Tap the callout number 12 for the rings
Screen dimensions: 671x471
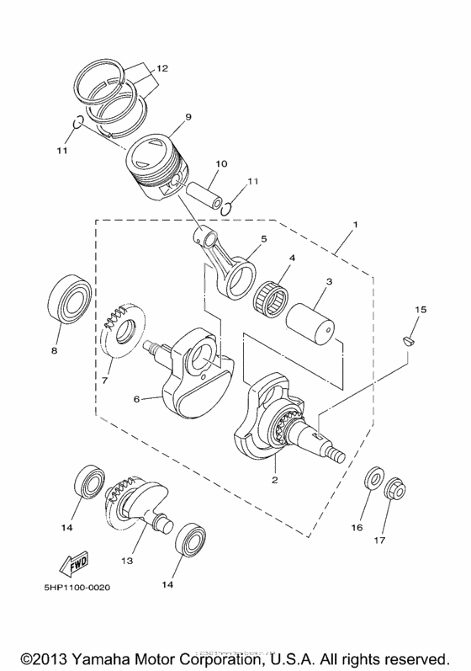162,67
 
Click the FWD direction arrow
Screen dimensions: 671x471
73,562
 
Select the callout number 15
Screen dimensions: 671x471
420,310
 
